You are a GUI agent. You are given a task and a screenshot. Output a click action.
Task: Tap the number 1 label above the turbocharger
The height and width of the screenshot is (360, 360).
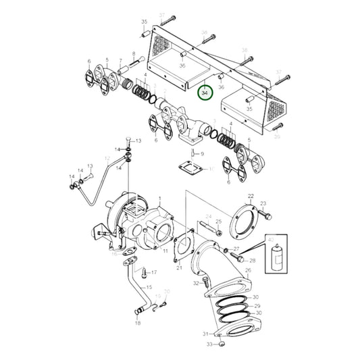pyautogui.click(x=159, y=198)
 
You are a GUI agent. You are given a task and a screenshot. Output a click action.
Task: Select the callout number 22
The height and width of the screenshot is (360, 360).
pyautogui.click(x=250, y=196)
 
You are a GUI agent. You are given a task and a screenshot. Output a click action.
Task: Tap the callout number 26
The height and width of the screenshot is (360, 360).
pyautogui.click(x=249, y=272)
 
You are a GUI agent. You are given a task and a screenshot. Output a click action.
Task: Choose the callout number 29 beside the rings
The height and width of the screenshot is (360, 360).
pyautogui.click(x=256, y=306)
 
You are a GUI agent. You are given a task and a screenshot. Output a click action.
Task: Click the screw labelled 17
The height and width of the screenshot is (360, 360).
pyautogui.click(x=144, y=274)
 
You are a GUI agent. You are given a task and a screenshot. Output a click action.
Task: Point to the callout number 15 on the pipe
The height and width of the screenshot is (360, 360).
pyautogui.click(x=149, y=287)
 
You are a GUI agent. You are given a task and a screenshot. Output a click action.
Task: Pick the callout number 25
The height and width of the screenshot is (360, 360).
pyautogui.click(x=218, y=222)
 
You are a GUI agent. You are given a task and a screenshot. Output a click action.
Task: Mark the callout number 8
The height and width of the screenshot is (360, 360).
pyautogui.click(x=134, y=54)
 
